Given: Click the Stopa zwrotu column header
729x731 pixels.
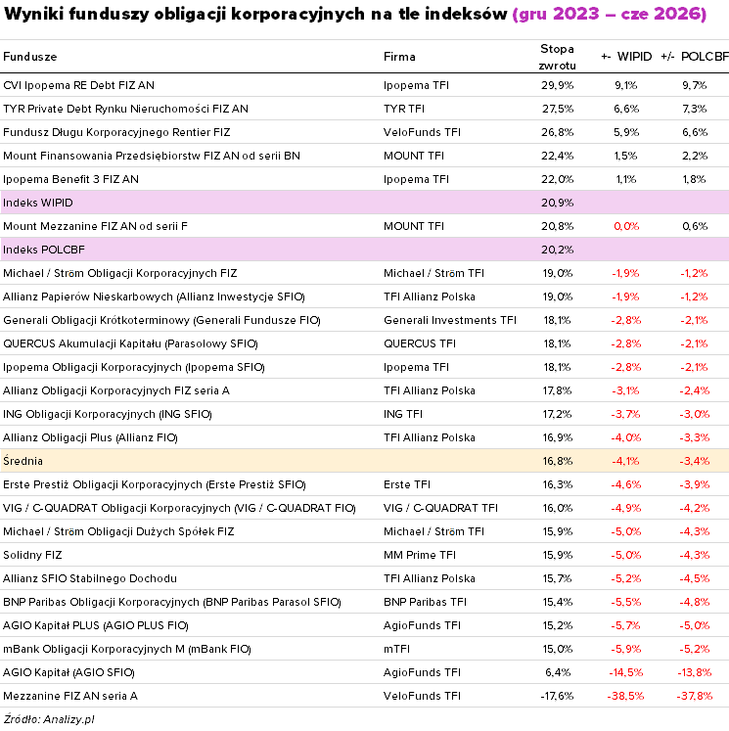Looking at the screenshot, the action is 557,57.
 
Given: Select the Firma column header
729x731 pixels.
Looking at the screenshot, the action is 399,57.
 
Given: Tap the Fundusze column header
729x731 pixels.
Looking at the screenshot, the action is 29,57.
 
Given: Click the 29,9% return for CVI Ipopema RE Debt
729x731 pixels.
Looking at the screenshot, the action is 557,85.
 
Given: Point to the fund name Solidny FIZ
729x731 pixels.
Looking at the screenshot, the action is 32,555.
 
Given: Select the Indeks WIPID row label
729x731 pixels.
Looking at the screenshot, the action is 38,203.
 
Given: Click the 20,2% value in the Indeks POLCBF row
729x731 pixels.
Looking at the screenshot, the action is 557,250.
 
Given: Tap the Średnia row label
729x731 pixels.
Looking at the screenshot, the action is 23,461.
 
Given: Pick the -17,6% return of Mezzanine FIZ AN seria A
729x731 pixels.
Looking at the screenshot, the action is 557,696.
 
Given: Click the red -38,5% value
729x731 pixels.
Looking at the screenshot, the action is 625,696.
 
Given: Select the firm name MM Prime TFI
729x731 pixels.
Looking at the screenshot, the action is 420,555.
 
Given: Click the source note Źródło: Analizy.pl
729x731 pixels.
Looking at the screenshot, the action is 49,719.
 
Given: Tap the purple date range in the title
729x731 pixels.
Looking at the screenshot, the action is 610,14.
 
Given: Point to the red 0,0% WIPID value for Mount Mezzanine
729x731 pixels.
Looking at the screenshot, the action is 626,227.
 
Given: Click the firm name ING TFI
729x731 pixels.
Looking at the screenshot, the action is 403,414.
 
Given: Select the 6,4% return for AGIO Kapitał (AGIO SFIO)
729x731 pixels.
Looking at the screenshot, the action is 558,672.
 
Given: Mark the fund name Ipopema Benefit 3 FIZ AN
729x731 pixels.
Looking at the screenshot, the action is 70,179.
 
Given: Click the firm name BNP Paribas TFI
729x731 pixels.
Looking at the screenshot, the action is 425,603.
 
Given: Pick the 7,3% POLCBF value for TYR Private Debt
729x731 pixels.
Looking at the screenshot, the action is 695,109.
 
